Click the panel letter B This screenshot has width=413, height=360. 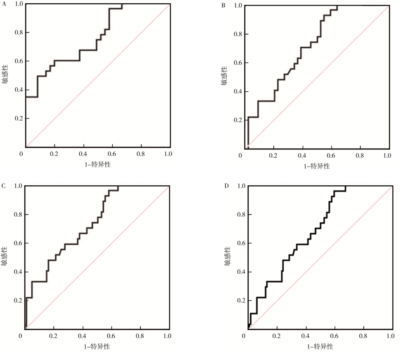click(223, 5)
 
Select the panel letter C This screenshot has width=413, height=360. click(4, 186)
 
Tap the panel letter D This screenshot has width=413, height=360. click(226, 186)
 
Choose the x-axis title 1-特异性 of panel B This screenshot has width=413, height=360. click(317, 166)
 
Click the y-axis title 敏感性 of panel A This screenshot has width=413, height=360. click(5, 74)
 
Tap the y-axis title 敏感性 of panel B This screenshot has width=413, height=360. click(224, 76)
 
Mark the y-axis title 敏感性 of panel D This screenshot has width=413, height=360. click(227, 256)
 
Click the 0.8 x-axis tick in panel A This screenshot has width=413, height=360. click(141, 154)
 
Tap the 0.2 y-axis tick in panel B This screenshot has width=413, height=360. click(237, 120)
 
